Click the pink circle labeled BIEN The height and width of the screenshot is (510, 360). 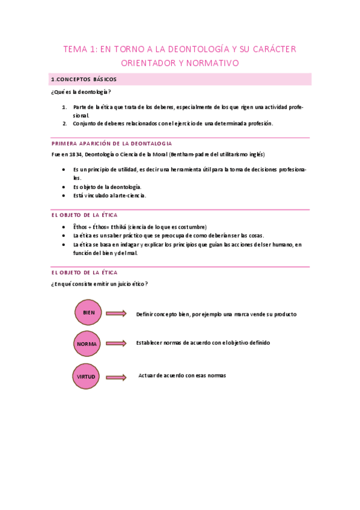[x=89, y=313]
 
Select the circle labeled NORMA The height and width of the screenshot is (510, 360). [x=88, y=344]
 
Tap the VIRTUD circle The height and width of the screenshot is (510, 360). [x=87, y=377]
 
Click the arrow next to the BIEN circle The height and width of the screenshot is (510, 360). [x=116, y=313]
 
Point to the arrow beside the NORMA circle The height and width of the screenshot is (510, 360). [x=116, y=343]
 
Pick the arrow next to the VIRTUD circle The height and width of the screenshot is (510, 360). [x=116, y=377]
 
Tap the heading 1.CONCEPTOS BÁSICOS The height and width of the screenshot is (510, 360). [x=84, y=79]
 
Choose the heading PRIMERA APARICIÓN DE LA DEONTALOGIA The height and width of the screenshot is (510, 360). [x=112, y=144]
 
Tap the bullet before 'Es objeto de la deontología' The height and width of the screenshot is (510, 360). [x=64, y=187]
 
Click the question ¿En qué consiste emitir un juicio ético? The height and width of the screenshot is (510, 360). [x=100, y=284]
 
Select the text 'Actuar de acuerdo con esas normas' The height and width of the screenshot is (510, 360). [x=182, y=375]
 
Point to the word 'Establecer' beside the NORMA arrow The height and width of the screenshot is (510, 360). [x=150, y=343]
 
